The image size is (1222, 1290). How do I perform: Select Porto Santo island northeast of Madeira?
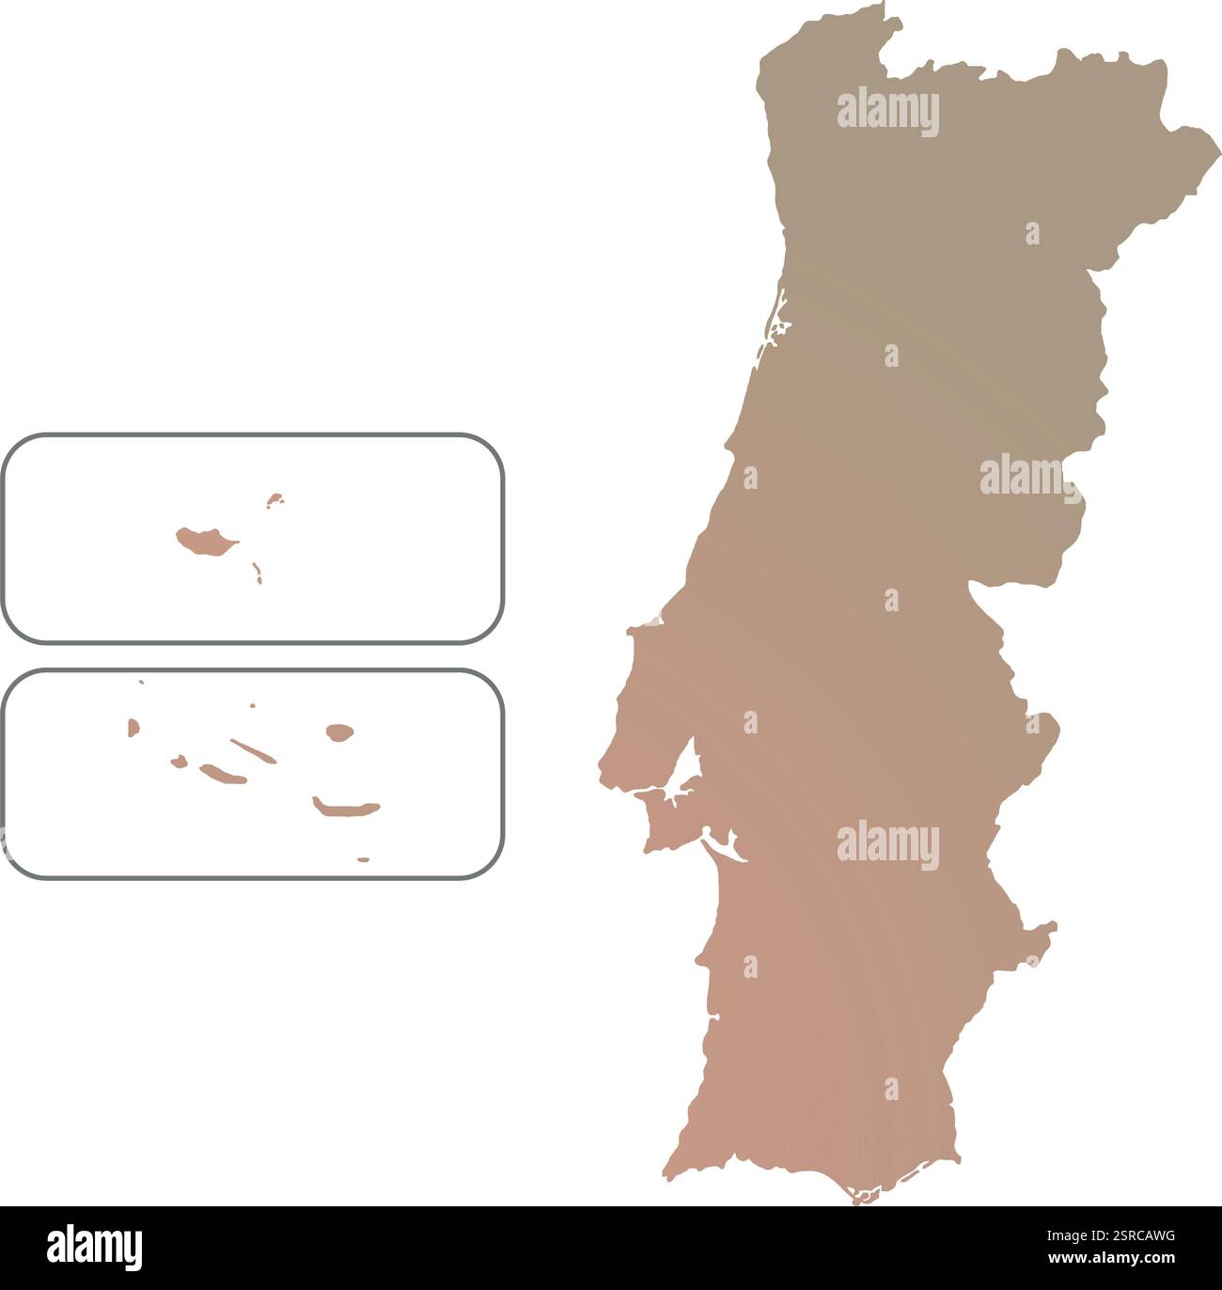pyautogui.click(x=274, y=499)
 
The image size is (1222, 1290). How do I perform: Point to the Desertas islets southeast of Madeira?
pyautogui.click(x=257, y=571)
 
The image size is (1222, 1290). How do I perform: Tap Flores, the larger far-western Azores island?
pyautogui.click(x=133, y=726)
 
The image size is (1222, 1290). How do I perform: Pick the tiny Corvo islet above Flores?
pyautogui.click(x=141, y=682)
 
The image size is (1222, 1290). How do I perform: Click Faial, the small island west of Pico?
pyautogui.click(x=178, y=761)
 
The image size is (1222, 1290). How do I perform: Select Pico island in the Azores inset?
pyautogui.click(x=223, y=774)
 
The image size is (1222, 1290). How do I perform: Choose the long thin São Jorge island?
pyautogui.click(x=253, y=750)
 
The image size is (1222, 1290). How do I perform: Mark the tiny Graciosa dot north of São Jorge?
pyautogui.click(x=252, y=704)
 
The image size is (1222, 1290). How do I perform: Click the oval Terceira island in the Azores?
pyautogui.click(x=338, y=731)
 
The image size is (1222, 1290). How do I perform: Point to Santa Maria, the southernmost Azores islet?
pyautogui.click(x=364, y=858)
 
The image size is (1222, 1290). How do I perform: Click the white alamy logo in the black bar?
pyautogui.click(x=95, y=1247)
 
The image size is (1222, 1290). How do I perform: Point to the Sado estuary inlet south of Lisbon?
pyautogui.click(x=724, y=846)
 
